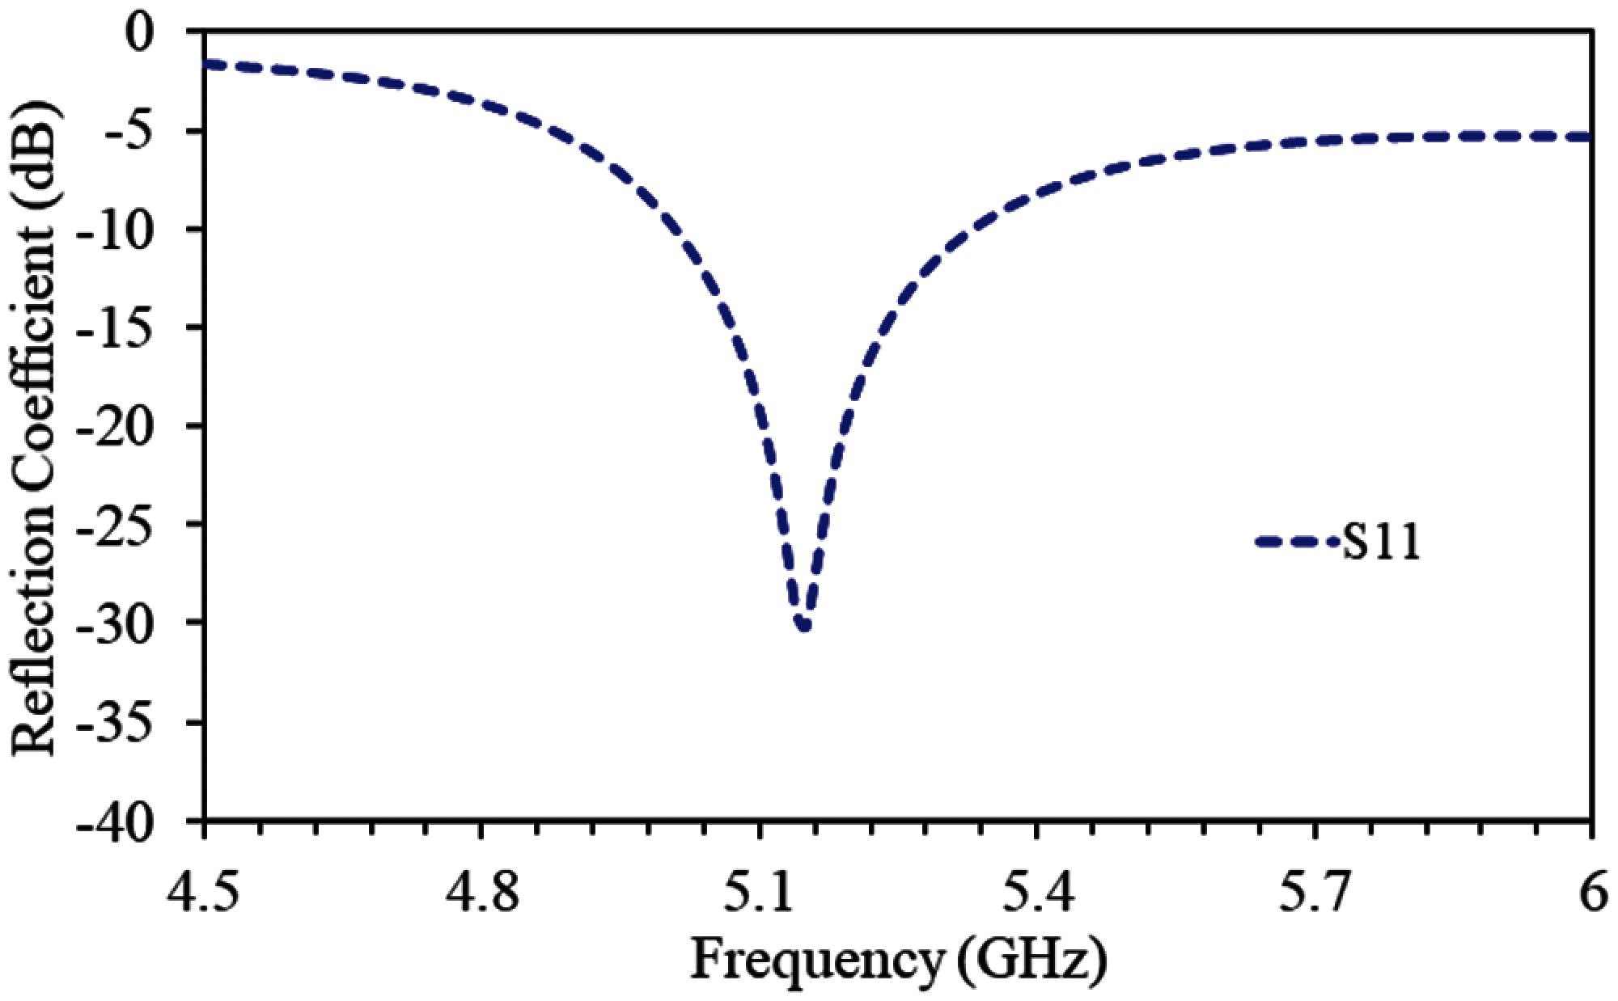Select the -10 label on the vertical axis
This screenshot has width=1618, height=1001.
[134, 230]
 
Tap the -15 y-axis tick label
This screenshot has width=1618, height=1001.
[134, 328]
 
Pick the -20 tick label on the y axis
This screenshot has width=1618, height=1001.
[134, 426]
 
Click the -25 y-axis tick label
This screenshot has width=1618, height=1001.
[134, 525]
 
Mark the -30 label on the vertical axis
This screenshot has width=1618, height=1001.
[134, 623]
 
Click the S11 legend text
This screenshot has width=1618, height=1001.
[1381, 543]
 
